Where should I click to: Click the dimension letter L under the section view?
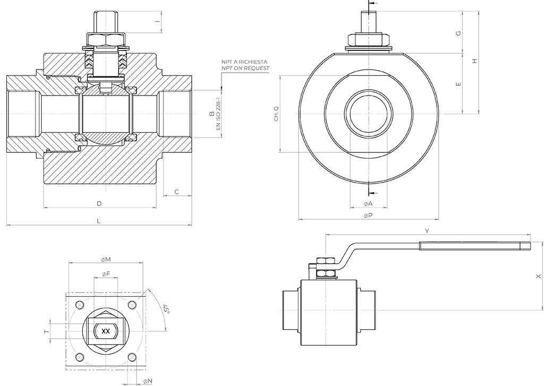tap(98, 221)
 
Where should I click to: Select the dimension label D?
tap(99, 203)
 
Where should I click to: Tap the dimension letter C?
tap(176, 192)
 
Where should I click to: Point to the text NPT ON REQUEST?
tap(245, 68)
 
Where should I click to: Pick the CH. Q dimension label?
tap(276, 114)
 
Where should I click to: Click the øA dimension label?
tap(368, 203)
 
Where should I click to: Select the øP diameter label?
tap(368, 216)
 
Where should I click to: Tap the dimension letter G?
tap(458, 33)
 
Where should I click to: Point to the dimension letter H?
tap(475, 61)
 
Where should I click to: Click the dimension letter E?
tap(458, 84)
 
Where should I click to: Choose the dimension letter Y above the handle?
tap(427, 230)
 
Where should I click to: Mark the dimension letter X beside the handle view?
tap(538, 277)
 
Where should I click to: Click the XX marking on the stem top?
tap(106, 331)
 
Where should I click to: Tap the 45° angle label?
tap(166, 309)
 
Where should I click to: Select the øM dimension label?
tap(106, 260)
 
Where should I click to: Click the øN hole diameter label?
tap(148, 381)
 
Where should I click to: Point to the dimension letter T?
tap(46, 332)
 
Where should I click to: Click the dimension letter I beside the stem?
tap(157, 21)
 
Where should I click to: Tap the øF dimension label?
tap(106, 274)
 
